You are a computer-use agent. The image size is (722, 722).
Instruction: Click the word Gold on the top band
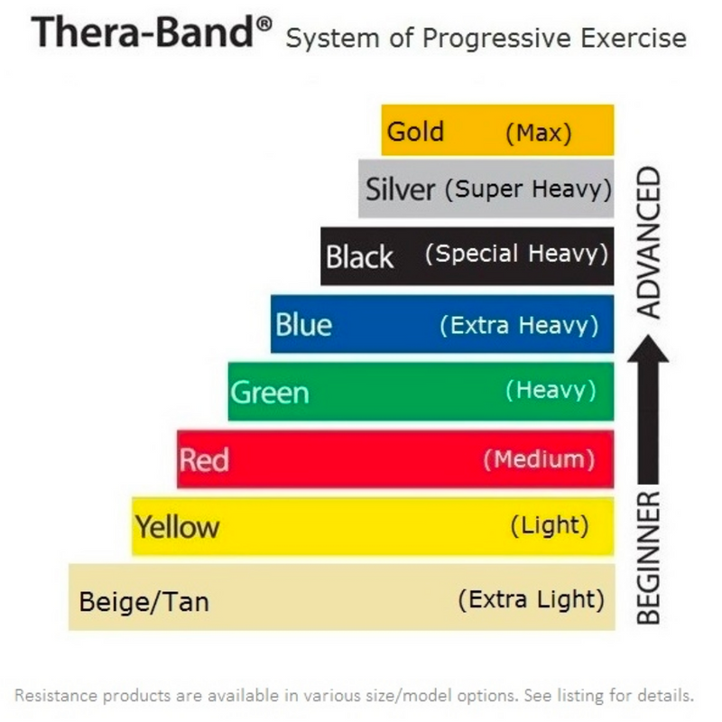point(415,132)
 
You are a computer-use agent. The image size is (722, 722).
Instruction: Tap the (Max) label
point(538,134)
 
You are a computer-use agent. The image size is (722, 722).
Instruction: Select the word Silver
point(401,190)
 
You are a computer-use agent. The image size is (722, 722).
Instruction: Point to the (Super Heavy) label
point(528,190)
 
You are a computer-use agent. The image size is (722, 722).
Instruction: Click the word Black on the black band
point(359,257)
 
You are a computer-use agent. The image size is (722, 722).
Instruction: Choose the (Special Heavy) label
point(516,254)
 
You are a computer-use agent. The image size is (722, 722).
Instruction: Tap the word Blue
point(304,324)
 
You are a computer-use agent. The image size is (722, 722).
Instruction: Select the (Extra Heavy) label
point(519,324)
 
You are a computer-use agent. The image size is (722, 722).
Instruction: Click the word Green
point(270,393)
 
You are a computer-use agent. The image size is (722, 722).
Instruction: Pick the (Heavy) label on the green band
point(551,390)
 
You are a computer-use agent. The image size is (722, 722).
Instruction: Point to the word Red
point(204,460)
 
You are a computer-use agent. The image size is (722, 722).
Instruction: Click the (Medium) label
point(539,459)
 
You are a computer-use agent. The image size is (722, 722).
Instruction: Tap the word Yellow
point(177,526)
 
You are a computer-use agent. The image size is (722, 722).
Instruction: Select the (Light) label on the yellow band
point(549,524)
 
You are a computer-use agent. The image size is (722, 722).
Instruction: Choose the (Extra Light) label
point(531,598)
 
